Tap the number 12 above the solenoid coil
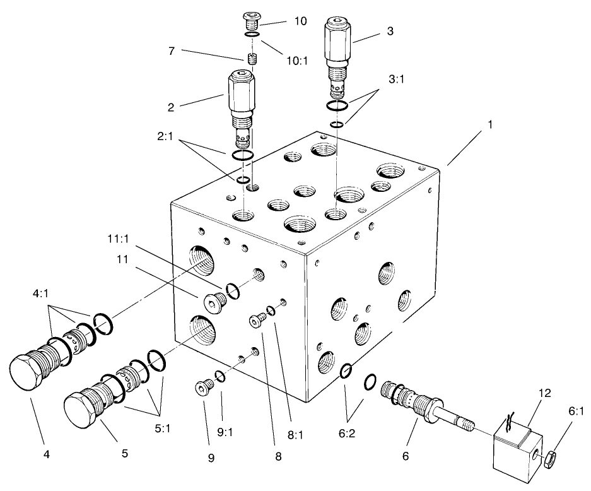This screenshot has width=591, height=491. click(545, 393)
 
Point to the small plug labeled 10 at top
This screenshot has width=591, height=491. click(253, 23)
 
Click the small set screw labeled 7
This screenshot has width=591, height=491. click(254, 59)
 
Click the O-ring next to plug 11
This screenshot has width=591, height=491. click(232, 291)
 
